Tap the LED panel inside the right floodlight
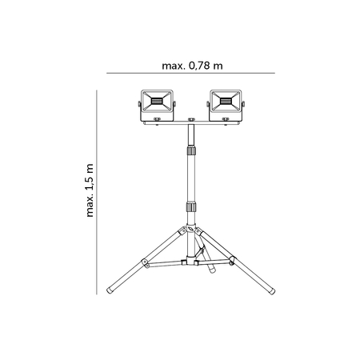tap(226, 102)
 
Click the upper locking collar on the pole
tap(190, 149)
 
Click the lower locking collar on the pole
tap(190, 206)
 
